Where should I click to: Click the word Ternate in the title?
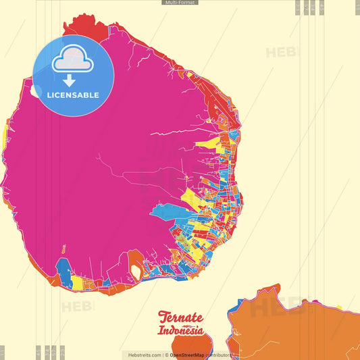click(x=180, y=317)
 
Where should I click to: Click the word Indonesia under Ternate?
click(x=180, y=331)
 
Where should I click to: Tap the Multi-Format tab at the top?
click(x=180, y=3)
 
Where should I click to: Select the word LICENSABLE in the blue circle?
click(x=73, y=95)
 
